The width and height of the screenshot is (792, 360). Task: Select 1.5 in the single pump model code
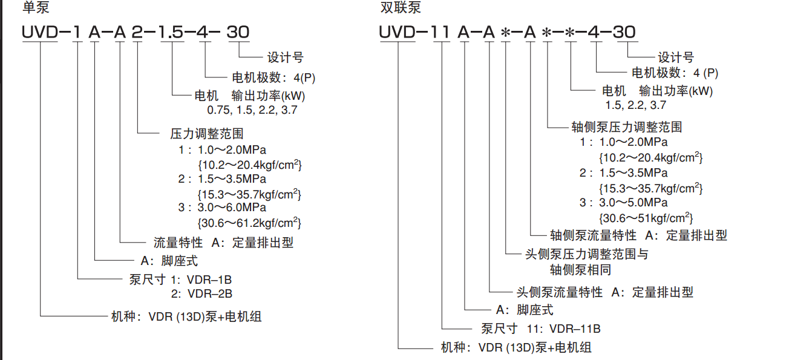pyautogui.click(x=171, y=32)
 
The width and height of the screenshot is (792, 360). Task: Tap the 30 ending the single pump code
pyautogui.click(x=237, y=32)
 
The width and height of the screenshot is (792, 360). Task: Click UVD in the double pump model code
pyautogui.click(x=397, y=32)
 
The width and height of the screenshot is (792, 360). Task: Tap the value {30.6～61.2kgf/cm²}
pyautogui.click(x=249, y=222)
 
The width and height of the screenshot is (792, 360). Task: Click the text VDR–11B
pyautogui.click(x=575, y=329)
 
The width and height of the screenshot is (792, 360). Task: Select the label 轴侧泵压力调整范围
pyautogui.click(x=627, y=127)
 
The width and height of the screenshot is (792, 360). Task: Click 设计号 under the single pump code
pyautogui.click(x=286, y=58)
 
